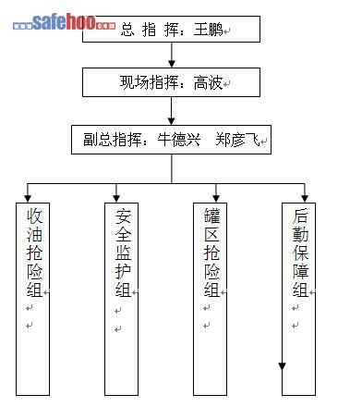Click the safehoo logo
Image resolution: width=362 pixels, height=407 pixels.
64,22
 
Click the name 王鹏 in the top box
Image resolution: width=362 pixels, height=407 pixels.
208,30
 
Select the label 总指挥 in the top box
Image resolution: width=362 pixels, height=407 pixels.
150,30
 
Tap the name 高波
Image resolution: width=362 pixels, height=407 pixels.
208,82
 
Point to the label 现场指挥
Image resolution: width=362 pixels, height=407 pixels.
149,82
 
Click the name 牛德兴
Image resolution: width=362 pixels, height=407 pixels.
179,140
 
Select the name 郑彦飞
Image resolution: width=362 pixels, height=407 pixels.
237,140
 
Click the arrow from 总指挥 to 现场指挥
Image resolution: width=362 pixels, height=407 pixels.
172,55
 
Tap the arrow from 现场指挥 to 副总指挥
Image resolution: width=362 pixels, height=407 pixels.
172,111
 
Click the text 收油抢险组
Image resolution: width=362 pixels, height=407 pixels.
34,253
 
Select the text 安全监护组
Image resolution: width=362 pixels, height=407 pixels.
123,253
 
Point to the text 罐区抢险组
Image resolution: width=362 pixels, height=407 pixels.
211,253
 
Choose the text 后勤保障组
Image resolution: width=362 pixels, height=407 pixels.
300,253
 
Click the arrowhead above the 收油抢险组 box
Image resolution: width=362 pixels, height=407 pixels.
28,198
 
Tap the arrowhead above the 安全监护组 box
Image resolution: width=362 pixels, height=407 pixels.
116,198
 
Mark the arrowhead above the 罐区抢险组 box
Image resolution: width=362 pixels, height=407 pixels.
216,198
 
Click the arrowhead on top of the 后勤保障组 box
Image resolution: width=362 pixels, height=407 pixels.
305,198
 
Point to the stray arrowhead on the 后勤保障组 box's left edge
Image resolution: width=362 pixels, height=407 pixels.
282,366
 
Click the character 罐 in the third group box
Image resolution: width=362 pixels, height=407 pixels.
211,216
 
